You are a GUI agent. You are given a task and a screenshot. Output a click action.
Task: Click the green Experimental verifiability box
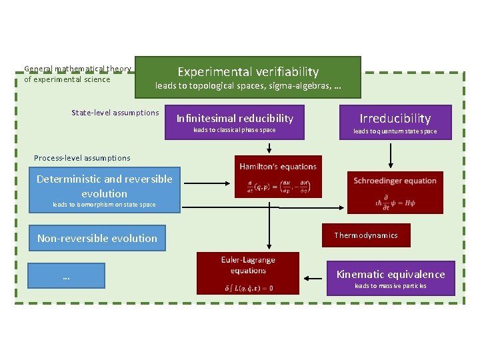pos(248,77)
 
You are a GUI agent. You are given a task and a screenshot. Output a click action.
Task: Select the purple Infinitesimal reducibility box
pos(234,122)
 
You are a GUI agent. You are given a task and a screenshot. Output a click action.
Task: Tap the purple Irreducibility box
pos(395,122)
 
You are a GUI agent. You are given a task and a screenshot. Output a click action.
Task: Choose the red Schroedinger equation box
pos(395,193)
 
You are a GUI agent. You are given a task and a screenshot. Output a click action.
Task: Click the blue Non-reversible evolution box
pos(97,238)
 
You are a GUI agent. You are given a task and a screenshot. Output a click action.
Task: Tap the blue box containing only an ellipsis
pos(66,275)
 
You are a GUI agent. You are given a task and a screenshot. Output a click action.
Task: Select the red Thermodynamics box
pos(366,235)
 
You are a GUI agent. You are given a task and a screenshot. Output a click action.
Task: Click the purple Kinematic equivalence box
pos(391,278)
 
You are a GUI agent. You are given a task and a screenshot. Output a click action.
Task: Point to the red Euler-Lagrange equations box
pos(248,273)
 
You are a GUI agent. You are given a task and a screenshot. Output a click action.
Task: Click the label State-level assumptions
pos(115,113)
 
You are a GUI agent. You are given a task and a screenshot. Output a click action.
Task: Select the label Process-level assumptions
pos(82,158)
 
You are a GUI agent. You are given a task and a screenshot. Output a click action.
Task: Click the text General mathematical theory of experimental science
pos(77,74)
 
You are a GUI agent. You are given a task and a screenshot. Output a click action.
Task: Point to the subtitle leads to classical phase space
pos(234,130)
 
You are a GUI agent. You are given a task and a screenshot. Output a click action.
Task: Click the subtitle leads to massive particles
pos(391,287)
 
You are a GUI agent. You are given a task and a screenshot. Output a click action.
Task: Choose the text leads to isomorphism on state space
pos(104,205)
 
